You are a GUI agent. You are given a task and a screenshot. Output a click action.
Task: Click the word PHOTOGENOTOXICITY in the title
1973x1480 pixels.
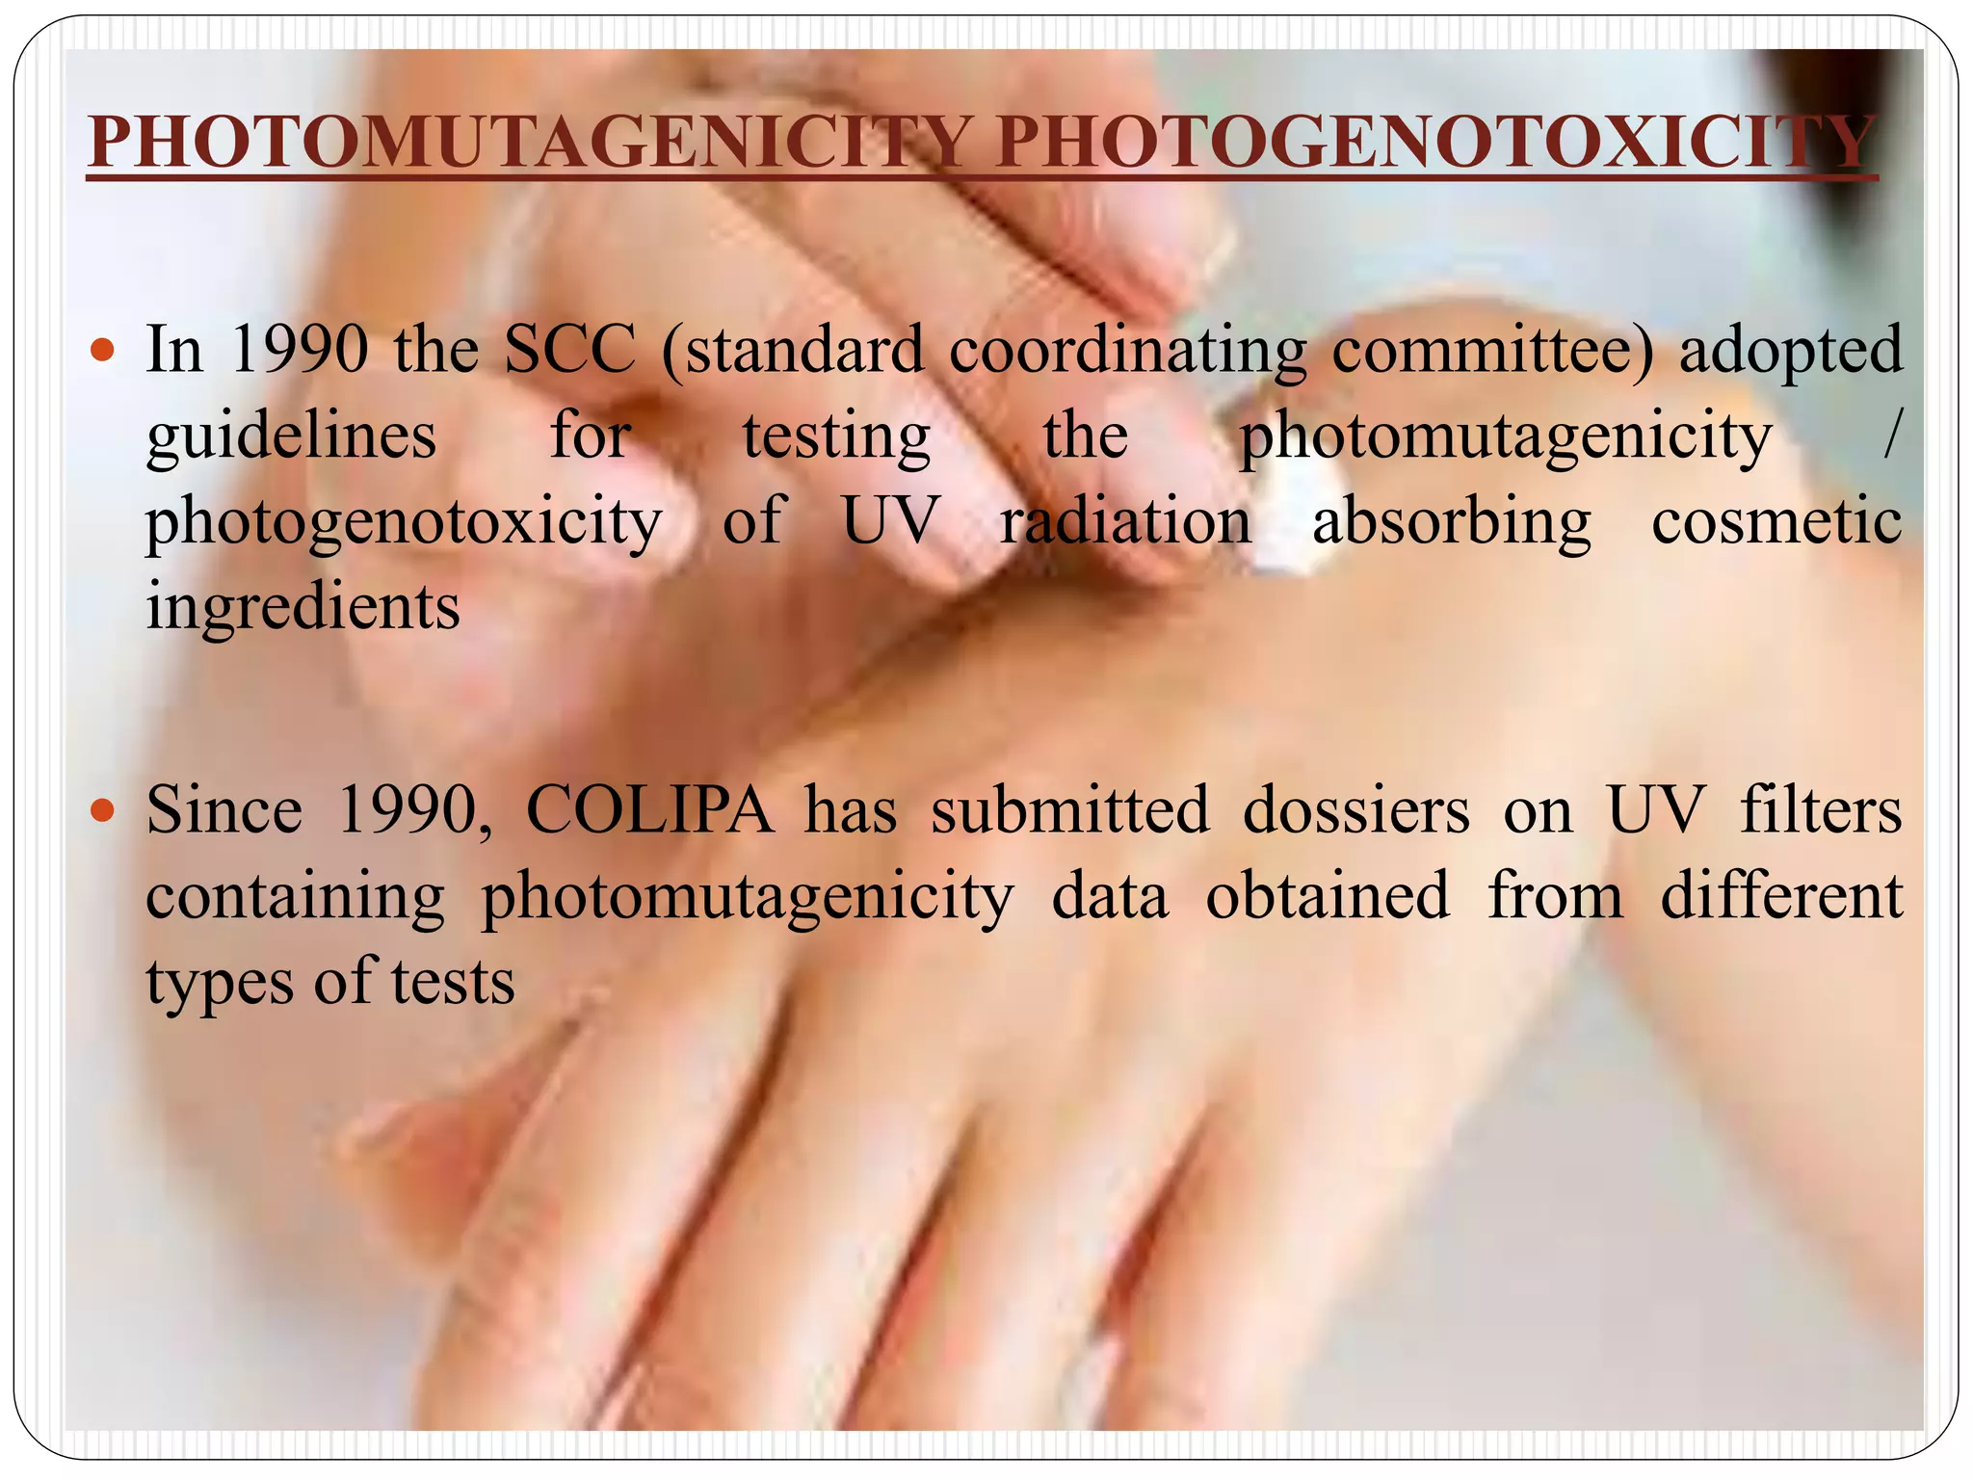coord(1435,144)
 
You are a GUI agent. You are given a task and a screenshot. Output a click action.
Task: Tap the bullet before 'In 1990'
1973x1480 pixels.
coord(102,350)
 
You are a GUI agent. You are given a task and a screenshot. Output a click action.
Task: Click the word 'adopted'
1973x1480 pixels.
coord(1790,350)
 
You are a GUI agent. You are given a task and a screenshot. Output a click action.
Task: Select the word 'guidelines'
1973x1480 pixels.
coord(291,436)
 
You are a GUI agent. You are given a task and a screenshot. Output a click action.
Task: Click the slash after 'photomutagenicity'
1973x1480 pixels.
coord(1892,436)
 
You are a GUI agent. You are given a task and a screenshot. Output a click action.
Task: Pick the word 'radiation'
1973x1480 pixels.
coord(1124,521)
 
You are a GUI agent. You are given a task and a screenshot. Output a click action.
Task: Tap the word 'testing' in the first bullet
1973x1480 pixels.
coord(836,436)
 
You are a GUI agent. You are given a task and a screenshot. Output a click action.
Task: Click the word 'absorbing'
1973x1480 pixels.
coord(1451,521)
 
